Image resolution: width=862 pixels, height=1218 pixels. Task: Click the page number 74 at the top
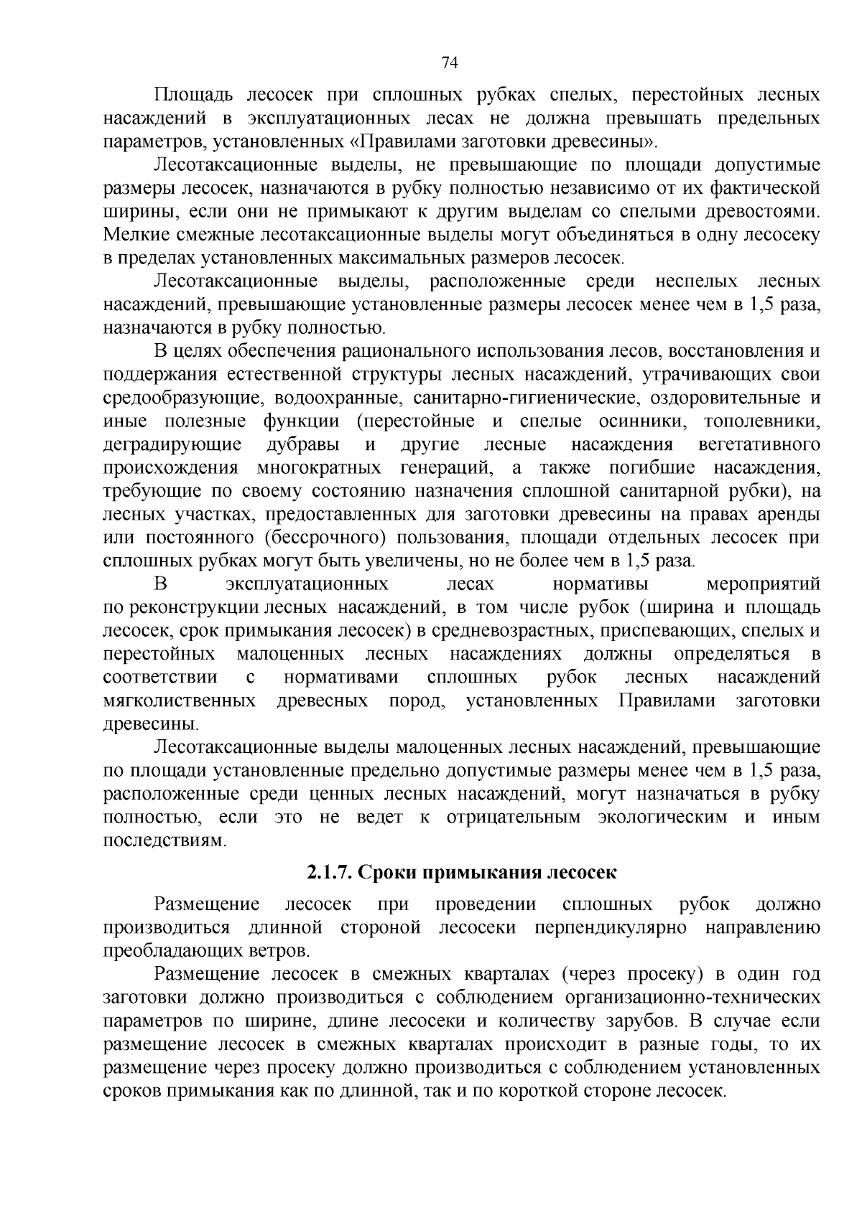click(x=449, y=63)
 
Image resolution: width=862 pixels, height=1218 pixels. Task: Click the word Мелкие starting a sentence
click(x=134, y=234)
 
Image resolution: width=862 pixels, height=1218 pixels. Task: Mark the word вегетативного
click(x=759, y=444)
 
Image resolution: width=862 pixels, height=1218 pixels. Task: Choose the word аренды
click(x=788, y=514)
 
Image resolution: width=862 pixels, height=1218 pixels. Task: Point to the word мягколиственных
click(x=180, y=701)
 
